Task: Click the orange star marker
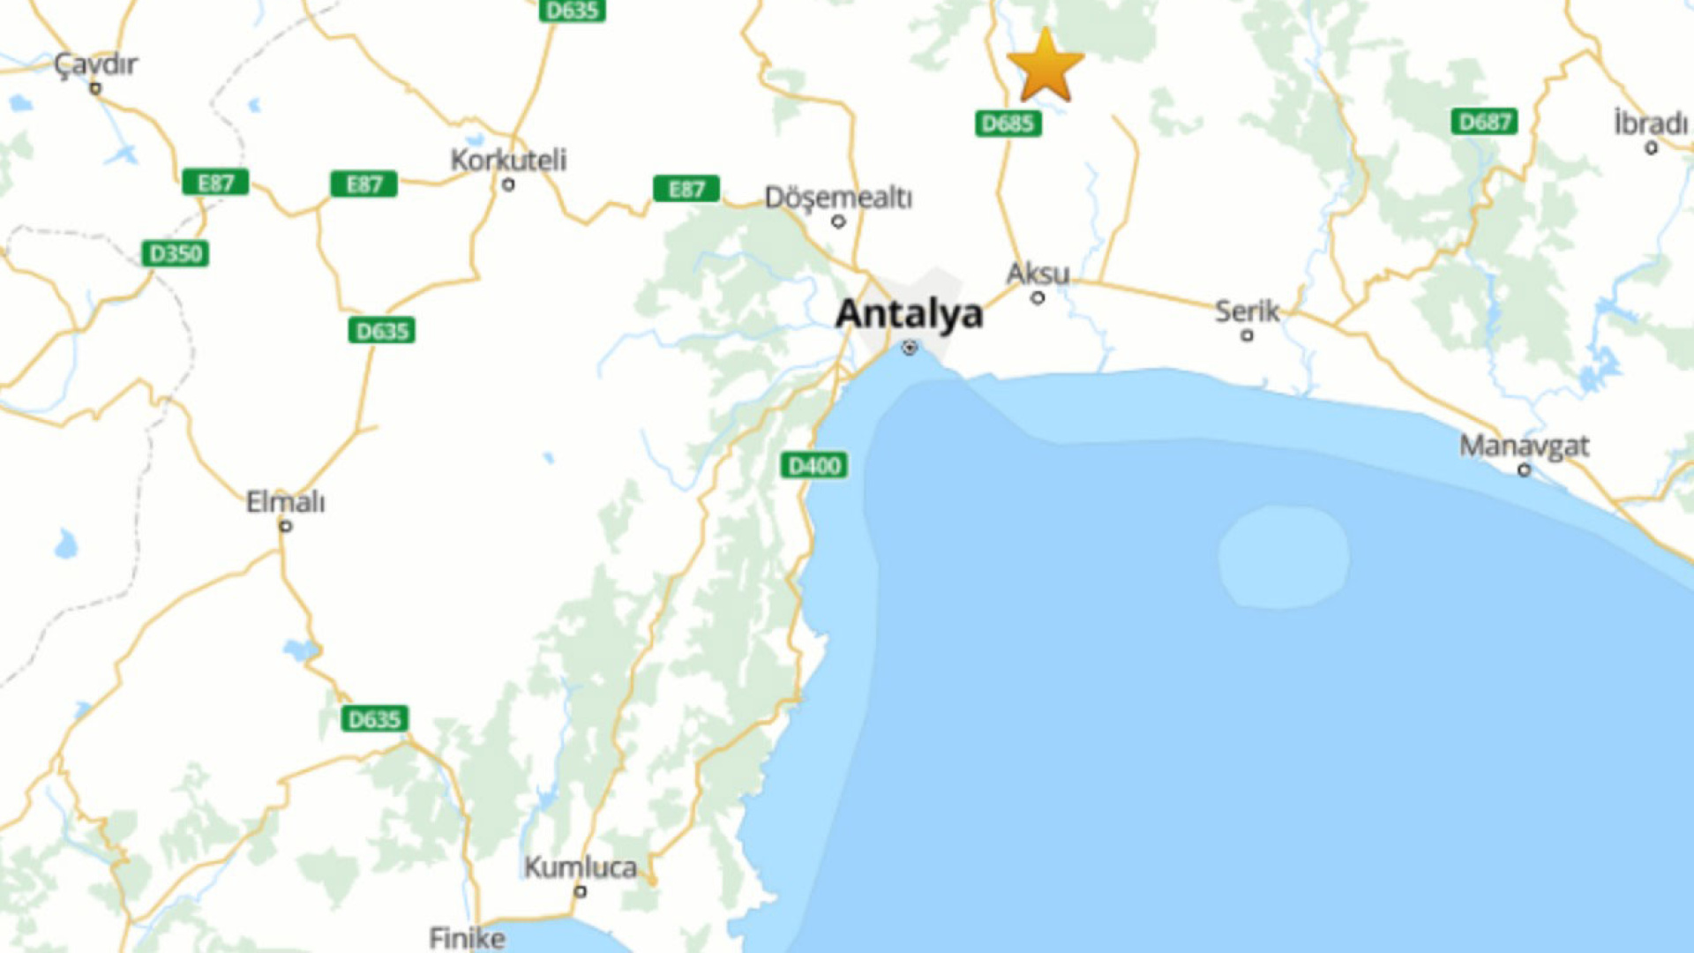1045,66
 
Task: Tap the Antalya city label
909,313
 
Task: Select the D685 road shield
1008,124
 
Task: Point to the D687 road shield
1484,122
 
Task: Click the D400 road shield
813,465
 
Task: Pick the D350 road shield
176,254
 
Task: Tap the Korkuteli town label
508,161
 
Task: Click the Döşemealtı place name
838,197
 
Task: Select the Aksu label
1038,274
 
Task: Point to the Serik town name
1247,311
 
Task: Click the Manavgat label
1524,446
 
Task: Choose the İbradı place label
1650,123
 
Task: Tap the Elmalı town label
285,502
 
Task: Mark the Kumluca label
581,867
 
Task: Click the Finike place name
467,937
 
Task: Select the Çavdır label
95,64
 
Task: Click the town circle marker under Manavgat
1524,470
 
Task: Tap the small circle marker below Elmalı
285,526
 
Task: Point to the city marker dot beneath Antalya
910,348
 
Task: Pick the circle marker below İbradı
1651,148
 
